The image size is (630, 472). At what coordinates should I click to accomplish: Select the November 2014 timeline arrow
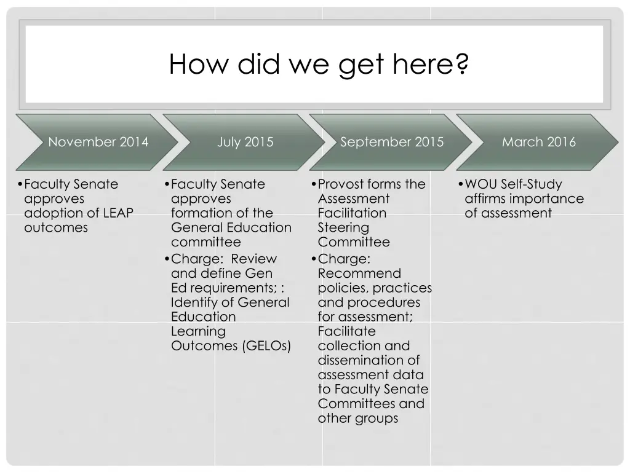coord(98,142)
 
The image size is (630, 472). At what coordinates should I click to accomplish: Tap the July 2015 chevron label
coord(245,142)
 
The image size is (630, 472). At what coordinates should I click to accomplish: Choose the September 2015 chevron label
coord(392,142)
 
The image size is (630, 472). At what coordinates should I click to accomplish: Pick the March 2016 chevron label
coord(539,142)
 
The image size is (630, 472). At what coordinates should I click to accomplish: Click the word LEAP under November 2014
coord(118,213)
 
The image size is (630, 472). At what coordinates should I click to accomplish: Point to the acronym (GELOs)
coord(266,345)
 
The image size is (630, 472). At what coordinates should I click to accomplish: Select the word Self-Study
coord(531,184)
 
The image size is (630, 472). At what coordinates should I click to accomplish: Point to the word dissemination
coord(361,360)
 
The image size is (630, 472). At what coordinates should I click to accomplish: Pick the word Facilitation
coord(352,213)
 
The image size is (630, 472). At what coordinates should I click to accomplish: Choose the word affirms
coord(487,199)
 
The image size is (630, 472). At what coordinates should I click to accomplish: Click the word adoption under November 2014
coord(53,213)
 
